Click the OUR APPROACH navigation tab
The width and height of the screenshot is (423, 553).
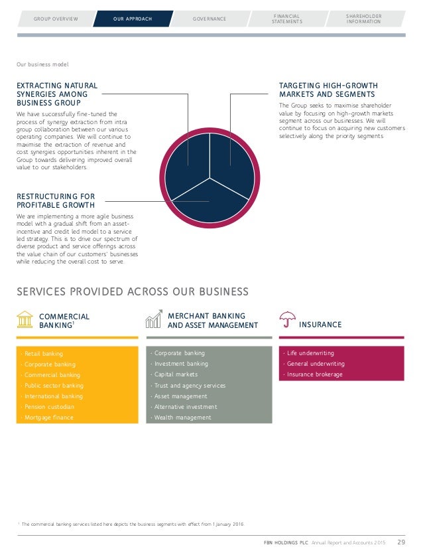point(132,19)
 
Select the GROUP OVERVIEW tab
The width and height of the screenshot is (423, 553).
point(55,19)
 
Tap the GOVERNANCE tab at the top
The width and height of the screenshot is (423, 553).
point(209,19)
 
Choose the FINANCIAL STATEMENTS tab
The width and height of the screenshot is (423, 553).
point(286,19)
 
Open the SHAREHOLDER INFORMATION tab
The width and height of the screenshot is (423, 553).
point(364,19)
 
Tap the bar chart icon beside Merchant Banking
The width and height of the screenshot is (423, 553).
point(154,319)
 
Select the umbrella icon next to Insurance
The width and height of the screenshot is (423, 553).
point(287,321)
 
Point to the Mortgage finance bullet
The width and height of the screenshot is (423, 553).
point(48,418)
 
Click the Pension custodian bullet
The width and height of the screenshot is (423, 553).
point(49,407)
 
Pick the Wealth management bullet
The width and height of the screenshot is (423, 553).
point(182,418)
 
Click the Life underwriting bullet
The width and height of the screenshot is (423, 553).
point(310,354)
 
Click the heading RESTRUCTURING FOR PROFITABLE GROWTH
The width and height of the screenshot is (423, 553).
point(56,200)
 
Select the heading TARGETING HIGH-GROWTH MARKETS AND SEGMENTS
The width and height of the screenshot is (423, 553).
point(328,90)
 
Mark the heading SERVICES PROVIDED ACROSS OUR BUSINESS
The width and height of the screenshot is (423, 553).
point(133,292)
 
